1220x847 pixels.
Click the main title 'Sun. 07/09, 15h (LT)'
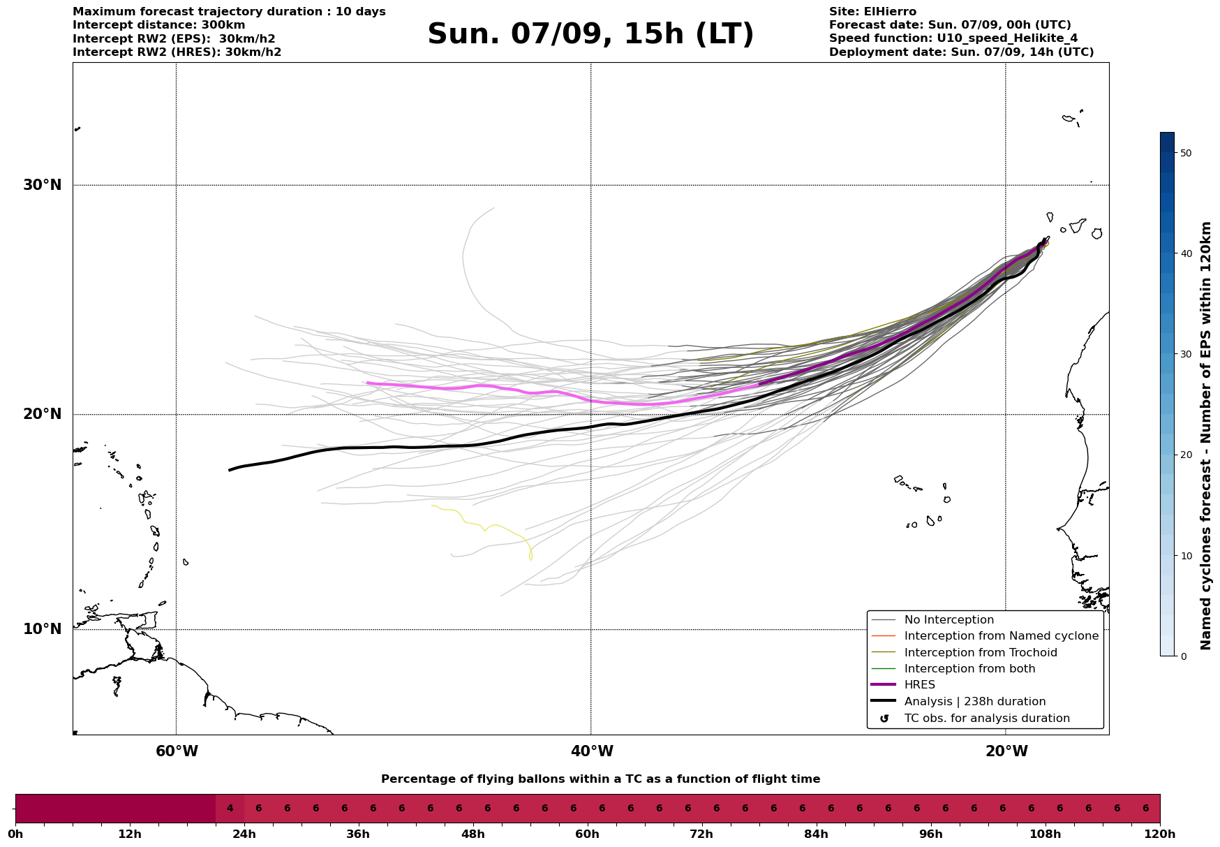(590, 34)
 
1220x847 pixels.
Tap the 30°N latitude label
(42, 185)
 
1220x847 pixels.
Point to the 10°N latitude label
(42, 629)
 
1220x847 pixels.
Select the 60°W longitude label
(177, 751)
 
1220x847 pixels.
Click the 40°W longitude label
(592, 751)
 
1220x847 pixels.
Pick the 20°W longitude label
(1006, 751)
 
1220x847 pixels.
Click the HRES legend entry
(919, 685)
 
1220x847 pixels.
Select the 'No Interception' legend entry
(949, 620)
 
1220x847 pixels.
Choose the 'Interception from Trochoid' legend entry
(980, 653)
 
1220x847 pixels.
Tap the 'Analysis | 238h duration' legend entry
(974, 702)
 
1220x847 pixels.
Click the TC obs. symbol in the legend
(884, 719)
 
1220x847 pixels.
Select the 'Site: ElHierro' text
(872, 12)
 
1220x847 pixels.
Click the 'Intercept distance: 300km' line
(158, 25)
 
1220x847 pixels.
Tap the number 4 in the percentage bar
(230, 809)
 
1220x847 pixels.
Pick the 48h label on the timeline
(473, 834)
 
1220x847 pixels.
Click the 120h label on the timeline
(1159, 834)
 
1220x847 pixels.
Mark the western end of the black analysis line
(230, 470)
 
